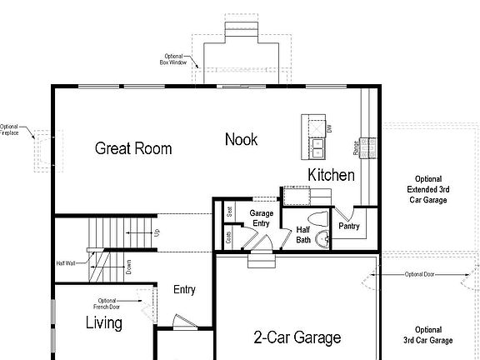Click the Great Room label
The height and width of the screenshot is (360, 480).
133,148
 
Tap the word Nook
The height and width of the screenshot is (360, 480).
241,139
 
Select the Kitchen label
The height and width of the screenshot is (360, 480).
332,175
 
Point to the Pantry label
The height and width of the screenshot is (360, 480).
348,226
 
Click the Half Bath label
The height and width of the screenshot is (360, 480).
303,234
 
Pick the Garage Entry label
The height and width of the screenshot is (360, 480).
262,218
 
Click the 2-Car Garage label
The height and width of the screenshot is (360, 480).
297,337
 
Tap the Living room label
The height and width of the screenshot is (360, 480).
104,323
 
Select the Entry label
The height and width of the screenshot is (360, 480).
184,290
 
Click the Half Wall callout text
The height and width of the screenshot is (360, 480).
67,263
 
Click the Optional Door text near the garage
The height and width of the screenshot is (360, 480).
420,274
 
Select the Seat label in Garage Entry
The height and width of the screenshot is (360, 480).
229,212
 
